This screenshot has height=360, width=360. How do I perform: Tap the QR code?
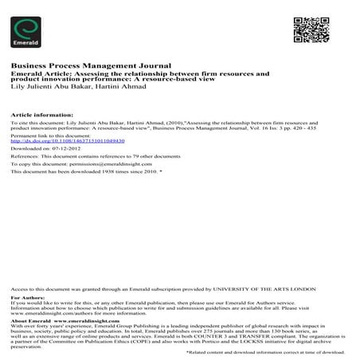[306, 28]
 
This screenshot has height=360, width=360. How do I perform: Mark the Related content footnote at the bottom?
[266, 352]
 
